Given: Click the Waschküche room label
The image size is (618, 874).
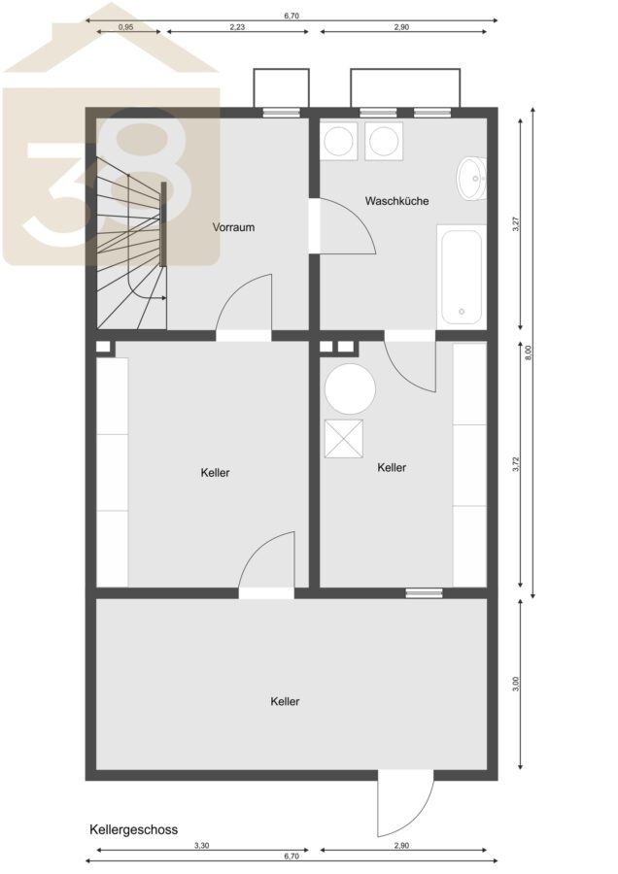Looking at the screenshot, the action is click(x=396, y=201).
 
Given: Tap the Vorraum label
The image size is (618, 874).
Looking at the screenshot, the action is click(x=233, y=227).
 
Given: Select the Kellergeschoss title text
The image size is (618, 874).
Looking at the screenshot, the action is click(x=133, y=829).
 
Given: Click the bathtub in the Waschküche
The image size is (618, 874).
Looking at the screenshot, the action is click(x=462, y=276).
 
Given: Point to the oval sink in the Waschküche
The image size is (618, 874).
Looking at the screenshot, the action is click(x=472, y=179).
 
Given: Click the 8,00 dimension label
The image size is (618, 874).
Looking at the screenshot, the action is click(x=530, y=353).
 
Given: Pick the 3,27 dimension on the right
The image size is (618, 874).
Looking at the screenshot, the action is click(x=516, y=224).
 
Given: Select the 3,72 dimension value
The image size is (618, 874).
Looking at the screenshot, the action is click(x=516, y=465).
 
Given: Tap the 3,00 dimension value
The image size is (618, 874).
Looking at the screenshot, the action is click(x=516, y=684).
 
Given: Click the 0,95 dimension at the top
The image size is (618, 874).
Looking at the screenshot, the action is click(x=126, y=27).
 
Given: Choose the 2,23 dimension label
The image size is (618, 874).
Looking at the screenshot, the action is click(x=237, y=27).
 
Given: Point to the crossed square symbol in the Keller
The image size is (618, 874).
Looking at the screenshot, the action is click(x=344, y=439).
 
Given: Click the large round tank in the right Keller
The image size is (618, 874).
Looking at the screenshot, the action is click(x=350, y=389).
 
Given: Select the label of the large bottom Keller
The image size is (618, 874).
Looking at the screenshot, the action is click(x=285, y=702).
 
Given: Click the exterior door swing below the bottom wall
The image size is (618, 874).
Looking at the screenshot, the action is click(x=405, y=803).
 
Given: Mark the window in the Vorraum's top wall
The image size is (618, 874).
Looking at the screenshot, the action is click(x=281, y=112).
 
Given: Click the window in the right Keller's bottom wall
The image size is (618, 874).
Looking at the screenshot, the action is click(x=424, y=593).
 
